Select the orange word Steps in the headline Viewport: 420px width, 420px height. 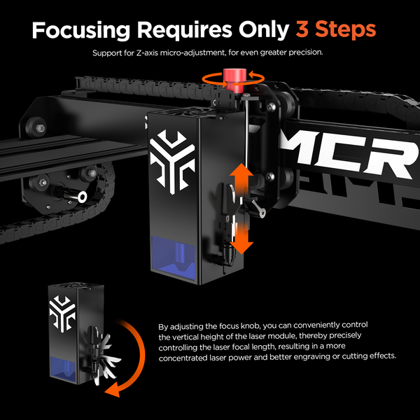pos(348,31)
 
